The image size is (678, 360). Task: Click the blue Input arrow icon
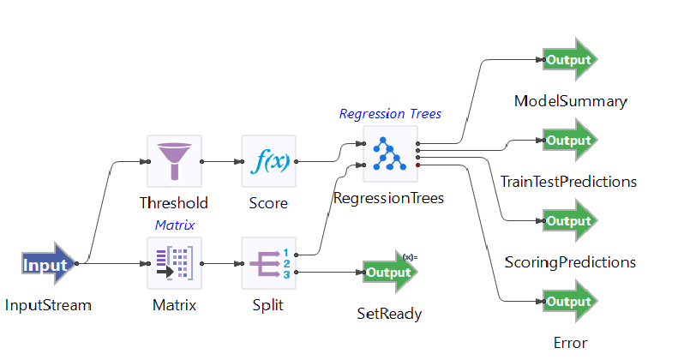(48, 264)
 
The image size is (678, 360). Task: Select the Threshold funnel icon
(174, 161)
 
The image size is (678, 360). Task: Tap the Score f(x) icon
(268, 161)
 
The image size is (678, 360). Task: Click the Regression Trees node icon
(390, 153)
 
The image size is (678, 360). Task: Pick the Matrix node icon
(174, 264)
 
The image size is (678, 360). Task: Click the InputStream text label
(48, 305)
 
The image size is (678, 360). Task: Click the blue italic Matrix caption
(174, 225)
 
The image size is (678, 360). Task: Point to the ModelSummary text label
(570, 101)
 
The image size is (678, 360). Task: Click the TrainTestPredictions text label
(568, 181)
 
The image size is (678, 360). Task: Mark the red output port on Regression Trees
(417, 164)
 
